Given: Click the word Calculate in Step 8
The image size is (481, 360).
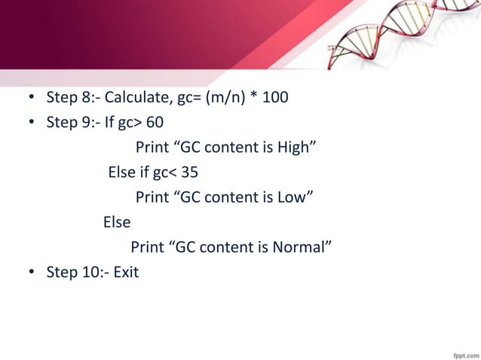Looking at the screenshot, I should [x=133, y=99].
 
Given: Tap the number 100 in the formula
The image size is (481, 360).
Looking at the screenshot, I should [x=274, y=99].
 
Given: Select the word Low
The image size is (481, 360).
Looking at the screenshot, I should [x=296, y=197].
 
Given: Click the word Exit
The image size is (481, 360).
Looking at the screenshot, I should [x=126, y=272].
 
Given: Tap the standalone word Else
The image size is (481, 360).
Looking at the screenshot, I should [x=117, y=222].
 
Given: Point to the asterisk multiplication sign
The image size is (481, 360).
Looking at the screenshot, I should [x=254, y=98].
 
